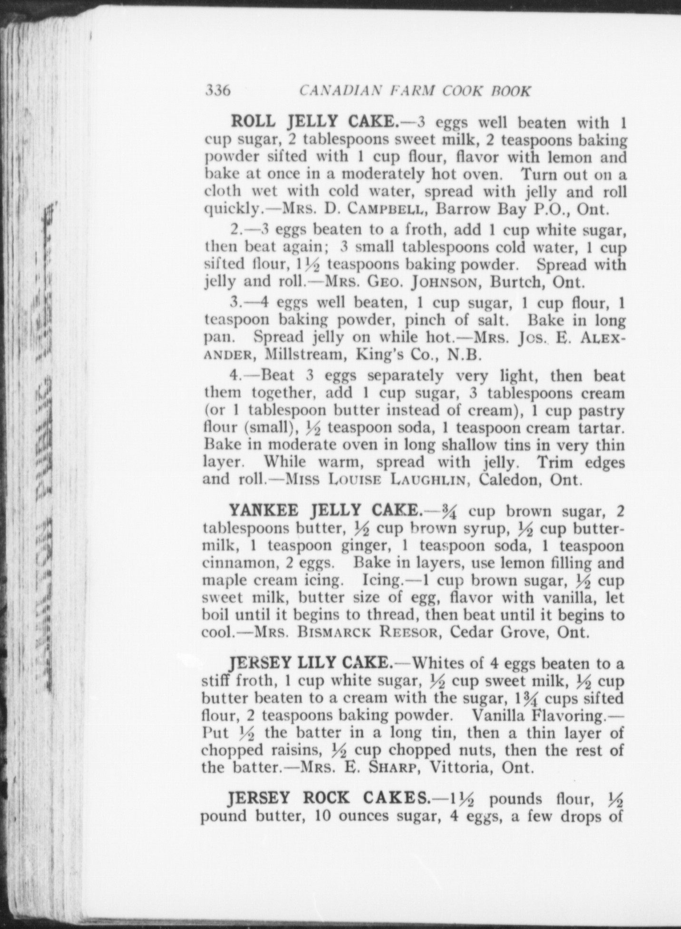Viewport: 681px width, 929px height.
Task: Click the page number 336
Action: click(x=218, y=90)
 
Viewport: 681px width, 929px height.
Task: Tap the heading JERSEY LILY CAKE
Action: click(x=310, y=662)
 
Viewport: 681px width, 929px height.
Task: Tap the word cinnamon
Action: click(x=241, y=563)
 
